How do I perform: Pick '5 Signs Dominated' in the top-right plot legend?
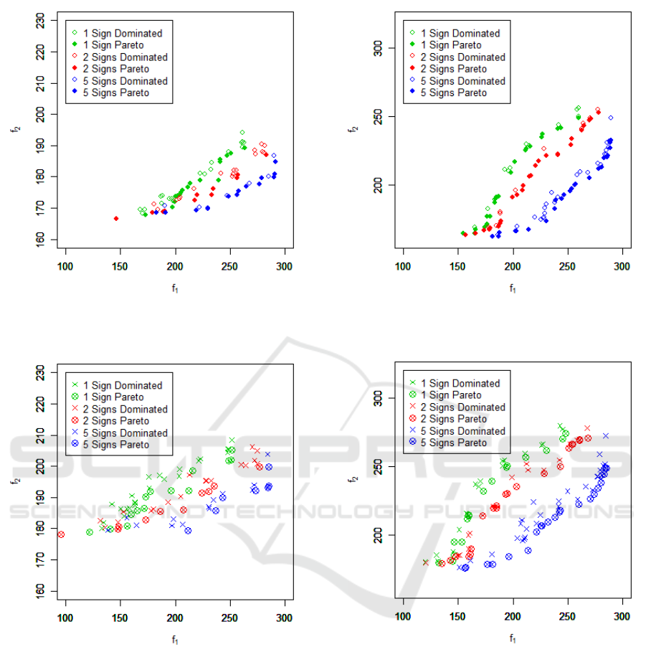[462, 81]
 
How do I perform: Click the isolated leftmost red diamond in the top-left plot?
[116, 218]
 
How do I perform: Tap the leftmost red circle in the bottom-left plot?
[61, 534]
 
